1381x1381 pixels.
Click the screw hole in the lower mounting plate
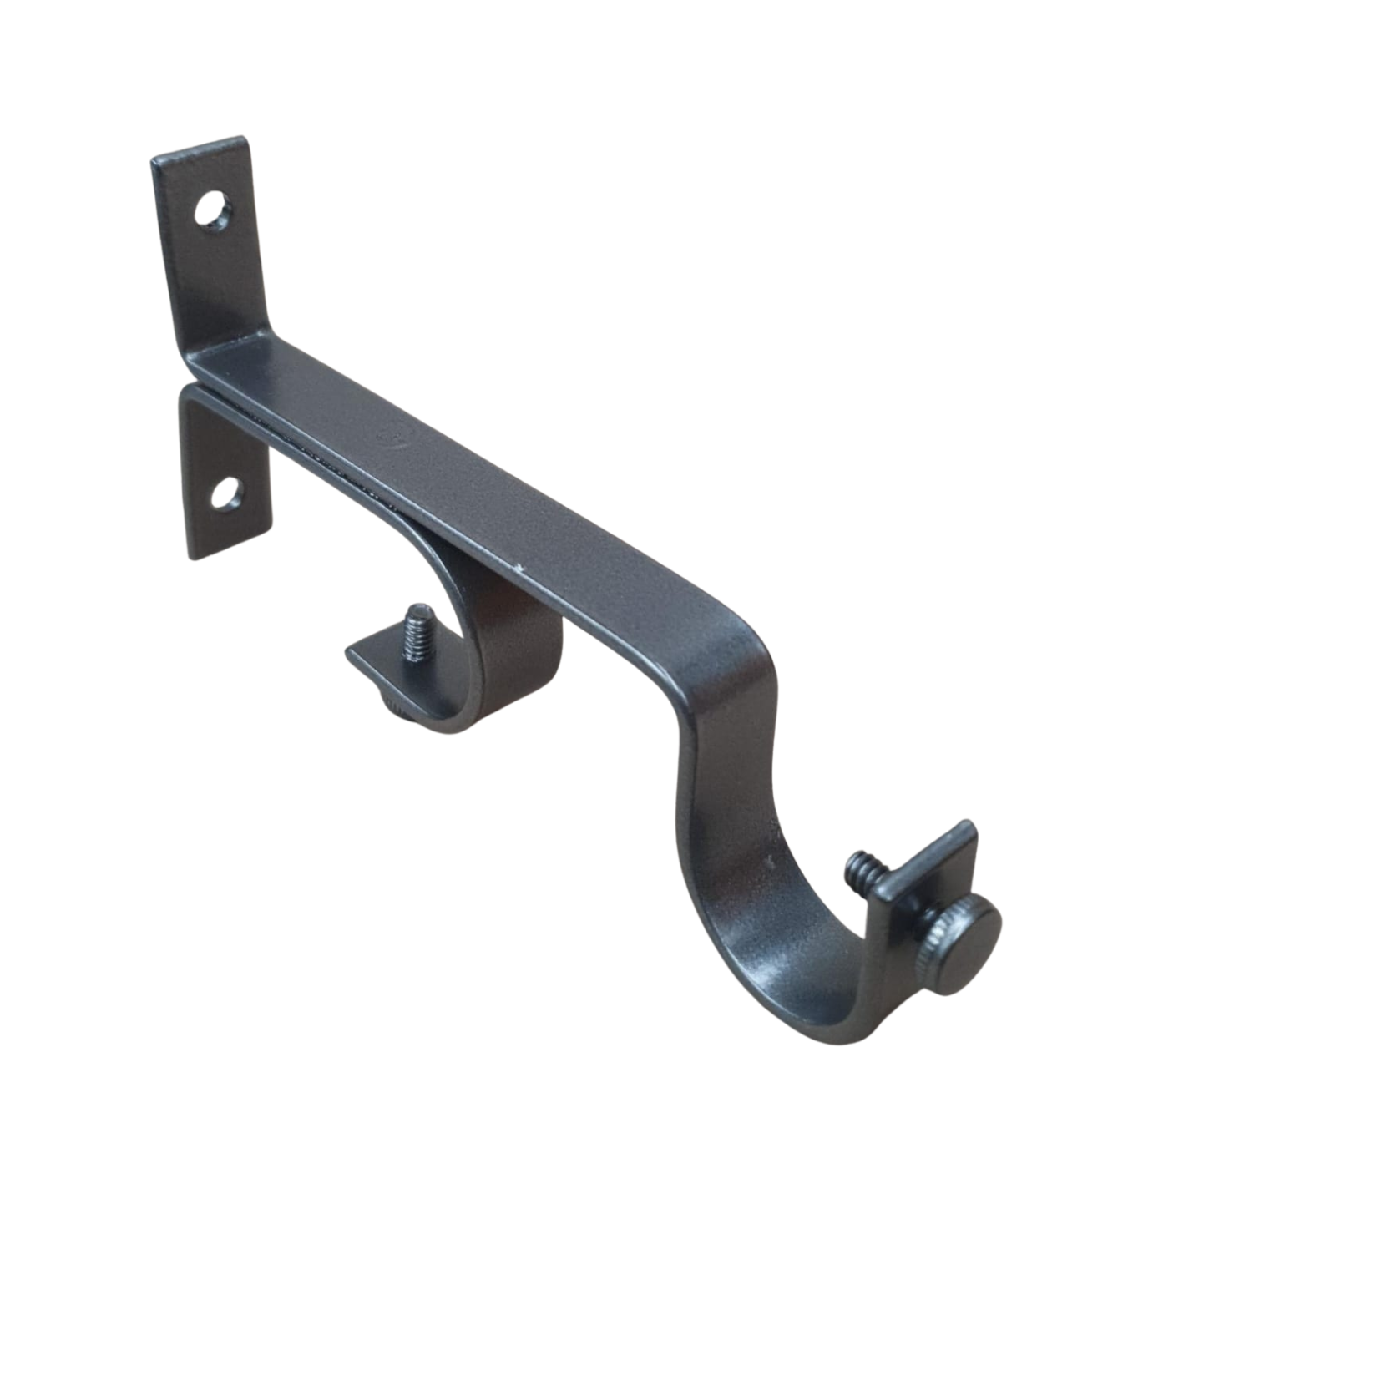coord(226,493)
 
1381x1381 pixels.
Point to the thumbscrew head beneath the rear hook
coord(397,703)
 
